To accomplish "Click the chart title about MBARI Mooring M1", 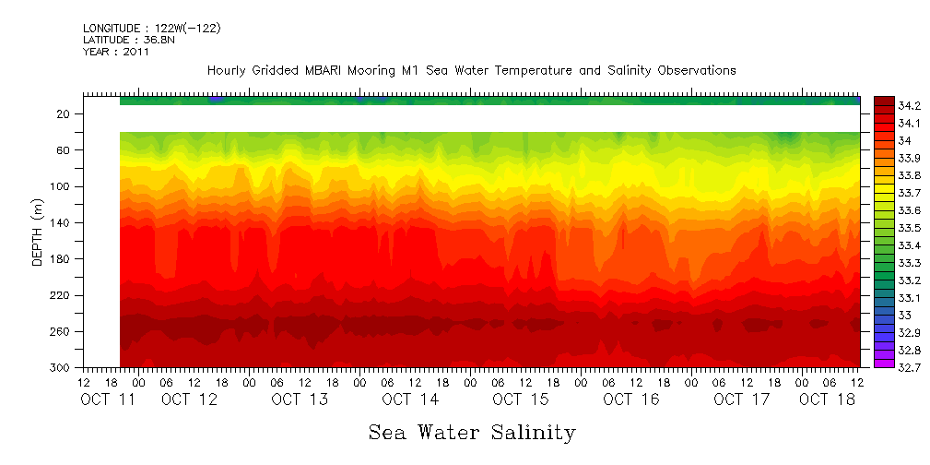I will click(471, 71).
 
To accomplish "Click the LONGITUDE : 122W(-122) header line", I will click(151, 29).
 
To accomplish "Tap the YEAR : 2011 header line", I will click(116, 53).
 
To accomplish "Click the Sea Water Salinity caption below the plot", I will click(472, 432).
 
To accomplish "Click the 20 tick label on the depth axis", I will click(65, 113).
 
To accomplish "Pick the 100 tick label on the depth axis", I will click(61, 186).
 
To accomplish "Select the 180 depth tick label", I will click(61, 259).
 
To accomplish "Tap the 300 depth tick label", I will click(61, 368).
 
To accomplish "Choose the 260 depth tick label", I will click(61, 332).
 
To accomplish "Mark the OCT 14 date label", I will click(409, 399).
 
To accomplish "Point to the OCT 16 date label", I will click(630, 399).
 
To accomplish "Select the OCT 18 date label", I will click(826, 399).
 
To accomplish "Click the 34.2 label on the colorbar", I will click(910, 105).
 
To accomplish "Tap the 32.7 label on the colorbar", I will click(910, 367).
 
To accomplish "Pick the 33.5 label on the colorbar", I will click(910, 227).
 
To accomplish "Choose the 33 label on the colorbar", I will click(904, 315).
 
